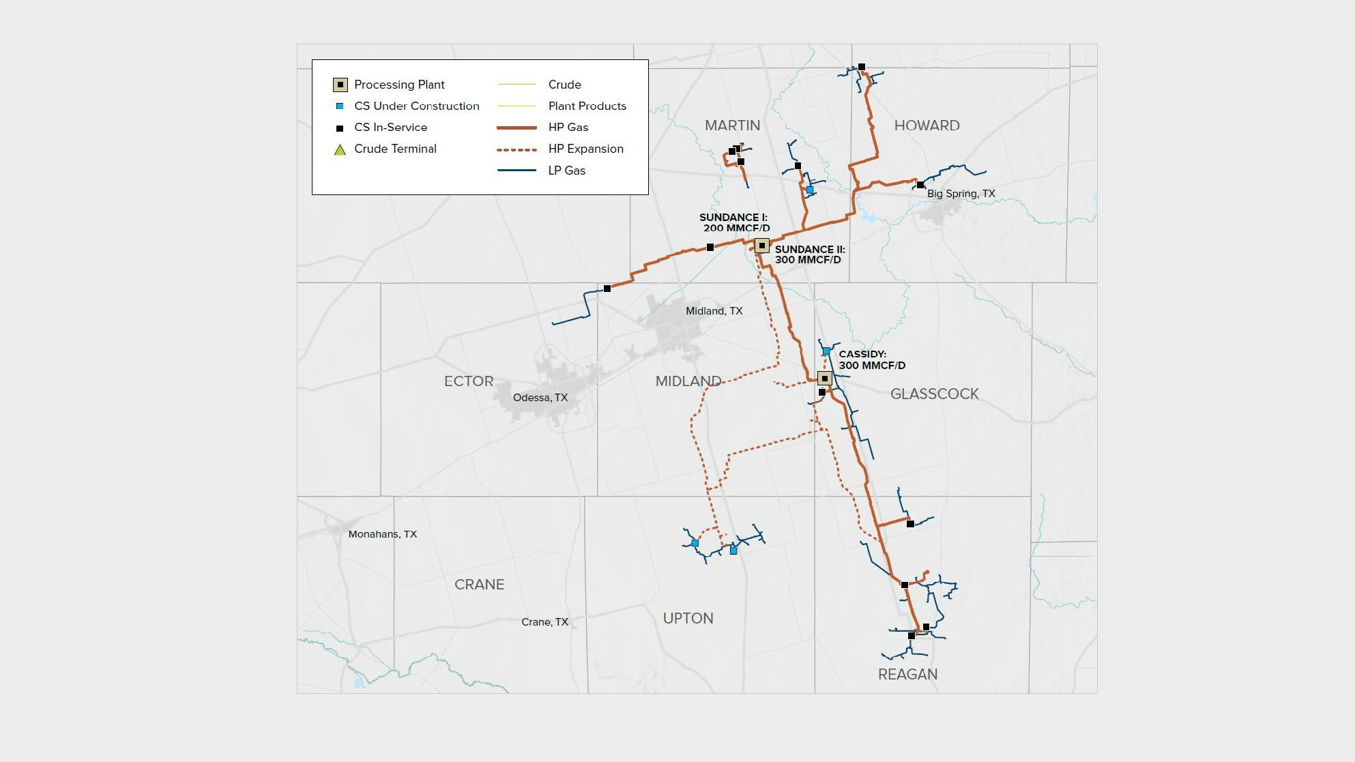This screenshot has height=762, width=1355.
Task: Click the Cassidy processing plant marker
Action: pos(824,379)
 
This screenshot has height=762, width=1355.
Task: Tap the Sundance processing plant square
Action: pos(762,246)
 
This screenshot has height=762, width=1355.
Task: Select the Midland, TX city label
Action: pos(714,311)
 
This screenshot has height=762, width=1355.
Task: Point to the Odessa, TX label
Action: pos(540,398)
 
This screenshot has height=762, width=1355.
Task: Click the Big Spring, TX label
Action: pos(961,194)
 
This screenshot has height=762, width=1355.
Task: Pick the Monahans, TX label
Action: pos(382,534)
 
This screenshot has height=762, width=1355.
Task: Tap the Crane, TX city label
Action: pos(544,622)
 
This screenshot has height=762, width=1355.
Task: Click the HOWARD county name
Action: pos(927,126)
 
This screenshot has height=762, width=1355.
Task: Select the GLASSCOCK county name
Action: pos(934,394)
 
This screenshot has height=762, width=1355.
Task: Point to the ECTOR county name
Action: pos(468,381)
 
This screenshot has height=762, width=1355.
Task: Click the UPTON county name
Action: pos(688,618)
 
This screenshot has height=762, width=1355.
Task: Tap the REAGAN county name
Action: pos(907,674)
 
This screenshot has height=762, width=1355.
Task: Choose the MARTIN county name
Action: pos(732,126)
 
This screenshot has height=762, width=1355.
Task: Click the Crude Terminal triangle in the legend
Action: pos(340,149)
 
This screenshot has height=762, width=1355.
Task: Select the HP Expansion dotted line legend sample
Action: pos(516,149)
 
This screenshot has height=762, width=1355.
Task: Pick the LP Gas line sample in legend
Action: pos(516,171)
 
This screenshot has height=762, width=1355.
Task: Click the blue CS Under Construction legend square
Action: pos(340,106)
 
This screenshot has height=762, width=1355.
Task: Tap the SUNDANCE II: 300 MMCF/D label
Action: pos(809,254)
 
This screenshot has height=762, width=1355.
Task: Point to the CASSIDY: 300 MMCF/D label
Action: pos(871,360)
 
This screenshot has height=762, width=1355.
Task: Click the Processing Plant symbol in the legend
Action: pos(340,85)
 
